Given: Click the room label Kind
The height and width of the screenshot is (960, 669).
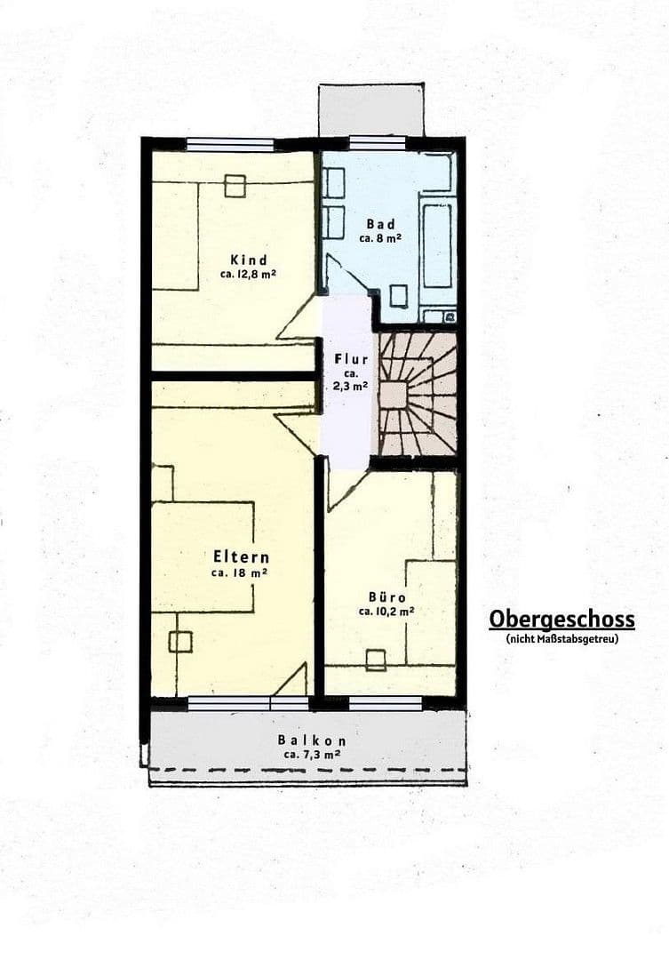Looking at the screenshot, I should point(248,260).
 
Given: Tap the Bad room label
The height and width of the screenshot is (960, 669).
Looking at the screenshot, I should point(381,224).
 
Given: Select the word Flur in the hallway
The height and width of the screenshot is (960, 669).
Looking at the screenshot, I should point(350,359).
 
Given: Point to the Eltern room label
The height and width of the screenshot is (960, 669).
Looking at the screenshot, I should point(241,557).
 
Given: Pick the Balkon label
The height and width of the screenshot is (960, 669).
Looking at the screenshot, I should point(311,740).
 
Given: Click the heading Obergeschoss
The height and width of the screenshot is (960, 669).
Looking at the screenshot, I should point(561,619).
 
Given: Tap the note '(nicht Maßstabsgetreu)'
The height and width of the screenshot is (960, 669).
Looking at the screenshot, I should point(561,638).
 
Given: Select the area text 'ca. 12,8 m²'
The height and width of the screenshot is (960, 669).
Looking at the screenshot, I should point(248,275).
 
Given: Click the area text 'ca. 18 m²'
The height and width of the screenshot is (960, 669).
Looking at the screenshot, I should point(240,573).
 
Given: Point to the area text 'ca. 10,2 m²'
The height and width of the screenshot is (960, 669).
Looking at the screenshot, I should point(386,612).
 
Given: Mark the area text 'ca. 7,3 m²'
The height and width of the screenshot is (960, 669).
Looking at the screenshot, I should point(311,754).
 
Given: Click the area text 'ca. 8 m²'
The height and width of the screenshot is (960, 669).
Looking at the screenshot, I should point(381,238).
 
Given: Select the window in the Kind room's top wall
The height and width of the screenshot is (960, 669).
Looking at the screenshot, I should point(229,144).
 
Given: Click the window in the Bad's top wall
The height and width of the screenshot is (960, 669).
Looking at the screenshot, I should point(377,142).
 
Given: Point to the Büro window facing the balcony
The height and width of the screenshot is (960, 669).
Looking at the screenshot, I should point(385,703).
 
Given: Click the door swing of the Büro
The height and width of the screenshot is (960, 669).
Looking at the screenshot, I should point(344,487).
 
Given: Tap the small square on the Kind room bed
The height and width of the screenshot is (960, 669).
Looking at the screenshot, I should point(235,186).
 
